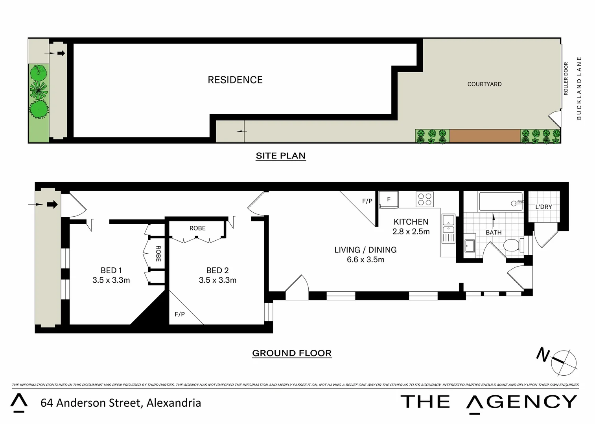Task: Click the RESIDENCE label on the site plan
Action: click(235, 80)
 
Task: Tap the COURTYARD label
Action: click(484, 84)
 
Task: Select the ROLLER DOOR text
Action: click(566, 79)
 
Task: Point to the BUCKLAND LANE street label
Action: click(579, 88)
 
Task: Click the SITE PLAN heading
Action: click(280, 156)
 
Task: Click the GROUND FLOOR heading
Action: click(291, 353)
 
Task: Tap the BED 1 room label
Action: click(111, 270)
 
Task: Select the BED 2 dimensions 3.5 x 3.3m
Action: click(217, 280)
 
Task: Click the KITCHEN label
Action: click(411, 222)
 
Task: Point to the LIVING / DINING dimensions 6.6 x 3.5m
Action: click(365, 260)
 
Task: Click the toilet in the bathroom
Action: click(512, 245)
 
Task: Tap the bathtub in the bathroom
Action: click(500, 202)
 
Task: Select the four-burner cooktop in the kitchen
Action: click(424, 199)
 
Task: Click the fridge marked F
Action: click(389, 199)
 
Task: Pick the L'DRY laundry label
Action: click(543, 207)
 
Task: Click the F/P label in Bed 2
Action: click(180, 314)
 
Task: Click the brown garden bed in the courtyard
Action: click(484, 136)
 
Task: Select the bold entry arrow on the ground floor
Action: click(52, 205)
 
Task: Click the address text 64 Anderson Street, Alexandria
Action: click(121, 403)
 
